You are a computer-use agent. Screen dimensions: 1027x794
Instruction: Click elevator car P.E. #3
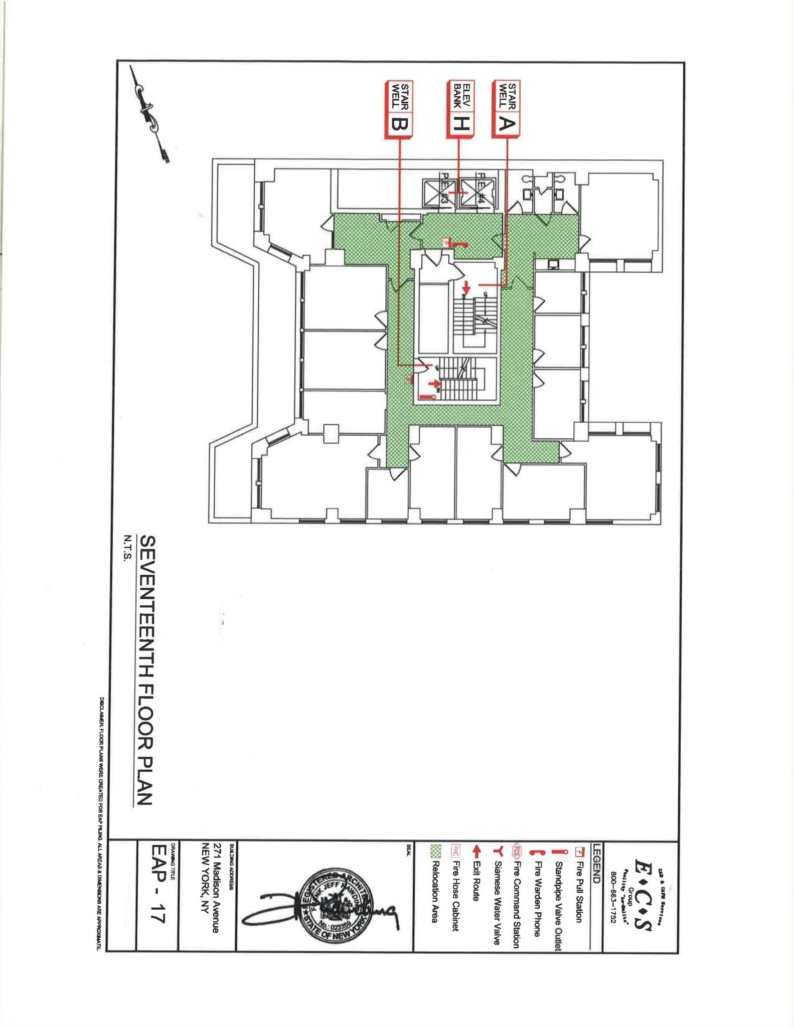coord(439,192)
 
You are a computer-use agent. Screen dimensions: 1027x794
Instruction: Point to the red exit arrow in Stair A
coord(466,288)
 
